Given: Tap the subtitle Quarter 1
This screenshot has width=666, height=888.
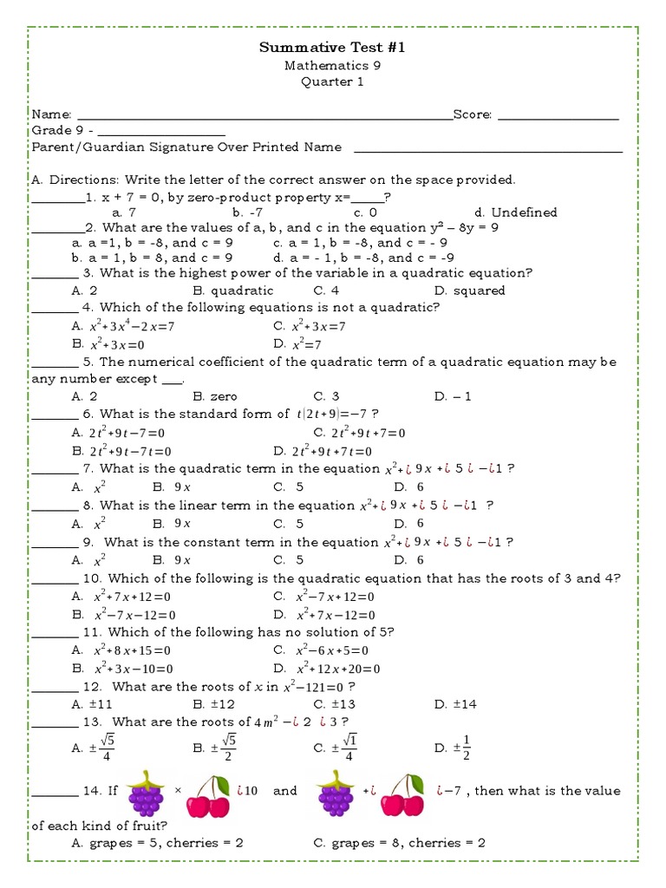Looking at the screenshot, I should pos(332,82).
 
